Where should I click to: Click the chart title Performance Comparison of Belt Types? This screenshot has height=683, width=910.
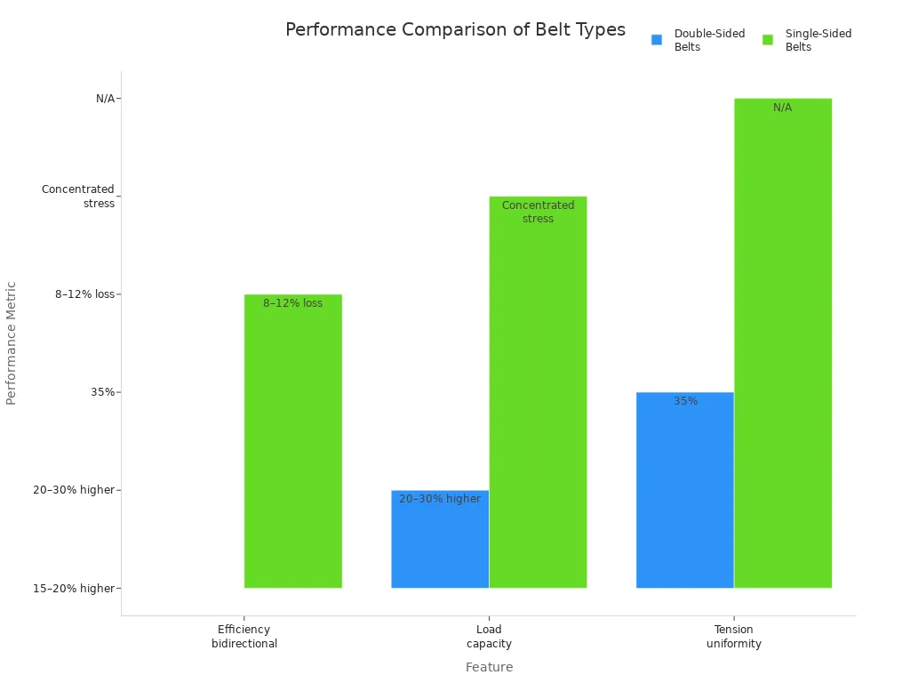click(x=455, y=29)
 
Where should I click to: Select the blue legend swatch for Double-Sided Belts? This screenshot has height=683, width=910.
click(x=657, y=40)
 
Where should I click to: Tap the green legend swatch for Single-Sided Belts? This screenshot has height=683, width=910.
click(x=768, y=40)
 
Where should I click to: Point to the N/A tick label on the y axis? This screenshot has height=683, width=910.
click(x=105, y=99)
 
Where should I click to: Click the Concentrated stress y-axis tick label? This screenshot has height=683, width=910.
click(x=78, y=197)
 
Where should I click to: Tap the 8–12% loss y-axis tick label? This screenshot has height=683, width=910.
click(x=84, y=294)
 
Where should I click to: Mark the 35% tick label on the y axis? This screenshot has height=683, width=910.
click(x=102, y=392)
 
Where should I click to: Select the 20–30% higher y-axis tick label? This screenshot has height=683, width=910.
click(x=74, y=490)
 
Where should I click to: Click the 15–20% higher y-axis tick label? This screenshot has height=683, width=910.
click(x=74, y=588)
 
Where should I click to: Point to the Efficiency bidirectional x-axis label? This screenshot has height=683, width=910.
click(x=244, y=637)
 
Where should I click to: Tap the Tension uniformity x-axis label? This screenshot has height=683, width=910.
click(x=734, y=637)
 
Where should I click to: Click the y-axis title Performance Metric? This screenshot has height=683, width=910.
click(x=12, y=343)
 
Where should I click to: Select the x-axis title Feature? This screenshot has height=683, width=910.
click(x=489, y=667)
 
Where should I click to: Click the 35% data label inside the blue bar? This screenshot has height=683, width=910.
click(x=685, y=401)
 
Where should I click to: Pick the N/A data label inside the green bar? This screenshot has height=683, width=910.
click(x=782, y=108)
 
